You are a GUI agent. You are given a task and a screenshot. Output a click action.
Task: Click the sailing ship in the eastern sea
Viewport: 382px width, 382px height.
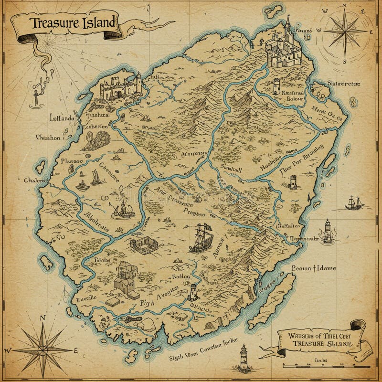(x=354, y=202)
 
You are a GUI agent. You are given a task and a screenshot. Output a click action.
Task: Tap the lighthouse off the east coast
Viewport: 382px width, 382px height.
(x=327, y=231)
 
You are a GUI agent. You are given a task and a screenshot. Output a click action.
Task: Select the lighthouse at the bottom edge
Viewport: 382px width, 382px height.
(x=244, y=357)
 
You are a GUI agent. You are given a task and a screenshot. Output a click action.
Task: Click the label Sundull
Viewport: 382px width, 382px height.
(x=232, y=169)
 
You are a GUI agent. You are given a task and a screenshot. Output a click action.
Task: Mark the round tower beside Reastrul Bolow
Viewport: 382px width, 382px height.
(x=276, y=86)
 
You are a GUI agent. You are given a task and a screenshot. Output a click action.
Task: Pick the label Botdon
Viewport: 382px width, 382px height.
(x=181, y=276)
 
